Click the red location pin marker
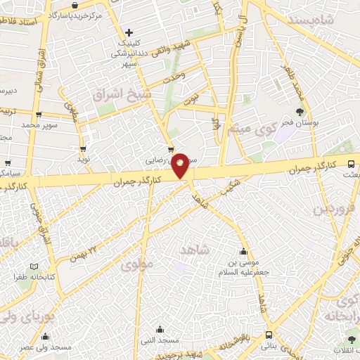[181, 165]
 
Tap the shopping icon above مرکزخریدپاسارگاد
[74, 5]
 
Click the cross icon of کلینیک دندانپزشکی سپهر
[129, 32]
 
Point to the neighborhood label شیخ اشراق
[117, 94]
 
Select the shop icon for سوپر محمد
[39, 115]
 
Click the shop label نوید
[84, 161]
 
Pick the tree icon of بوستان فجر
[300, 111]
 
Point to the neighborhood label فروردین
[330, 210]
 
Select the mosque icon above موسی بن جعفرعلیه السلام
[243, 252]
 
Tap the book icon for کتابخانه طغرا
[34, 266]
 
